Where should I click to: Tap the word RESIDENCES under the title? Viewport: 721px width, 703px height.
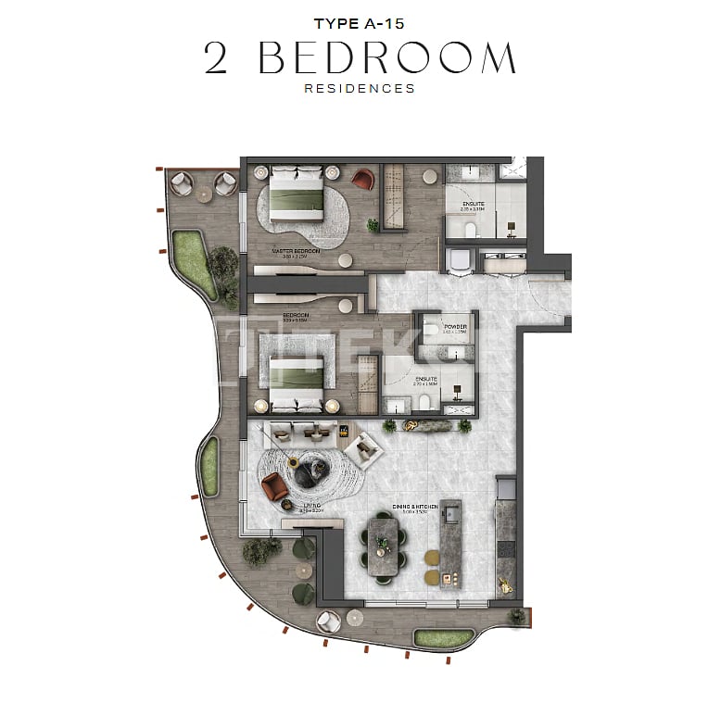[x=360, y=89]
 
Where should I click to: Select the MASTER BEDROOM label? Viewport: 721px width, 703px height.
[x=296, y=251]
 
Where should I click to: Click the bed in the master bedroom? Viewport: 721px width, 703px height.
[x=297, y=194]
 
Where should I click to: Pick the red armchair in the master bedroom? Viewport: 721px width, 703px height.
[x=364, y=178]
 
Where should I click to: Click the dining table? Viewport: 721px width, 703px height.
[x=383, y=546]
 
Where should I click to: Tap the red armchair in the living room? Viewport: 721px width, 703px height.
[x=273, y=486]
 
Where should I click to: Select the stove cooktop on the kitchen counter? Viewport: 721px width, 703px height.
[x=506, y=547]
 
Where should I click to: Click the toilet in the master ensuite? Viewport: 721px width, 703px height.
[x=468, y=229]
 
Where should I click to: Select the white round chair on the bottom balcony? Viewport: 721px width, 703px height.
[x=327, y=621]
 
